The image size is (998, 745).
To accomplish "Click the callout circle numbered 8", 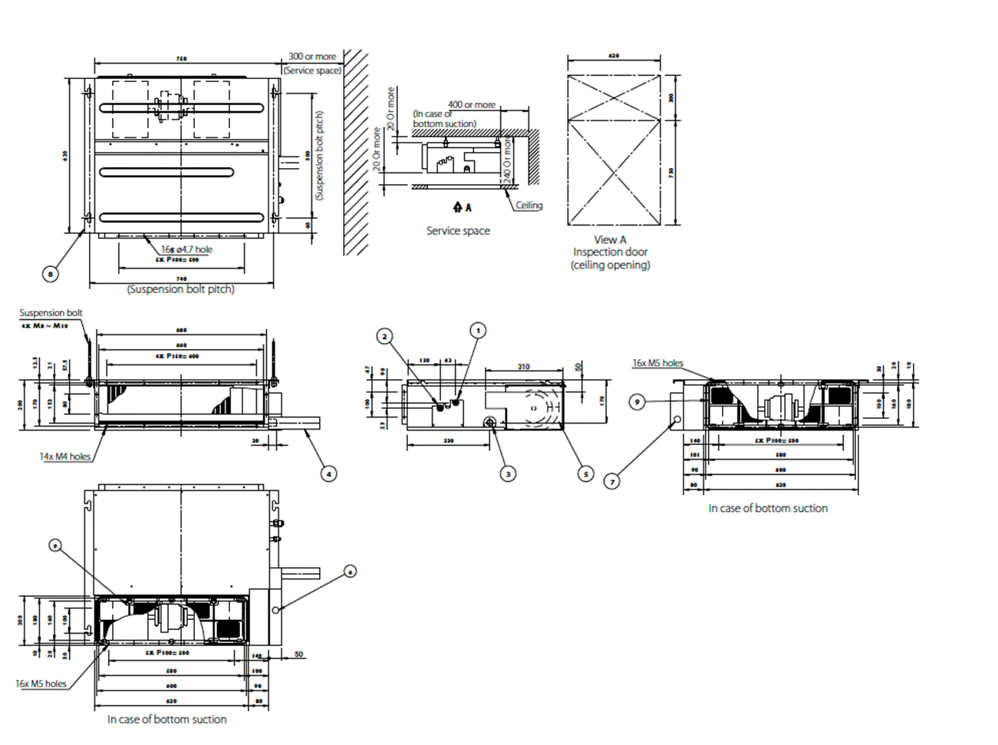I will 50,274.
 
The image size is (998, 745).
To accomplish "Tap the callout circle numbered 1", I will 478,331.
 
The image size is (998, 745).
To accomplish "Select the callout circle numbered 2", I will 385,336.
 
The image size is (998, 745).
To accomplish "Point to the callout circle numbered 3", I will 508,474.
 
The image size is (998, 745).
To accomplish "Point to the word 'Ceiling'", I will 529,206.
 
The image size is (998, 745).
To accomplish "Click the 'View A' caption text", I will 610,239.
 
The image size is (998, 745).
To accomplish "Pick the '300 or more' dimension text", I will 312,57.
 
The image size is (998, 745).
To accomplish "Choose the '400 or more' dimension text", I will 472,105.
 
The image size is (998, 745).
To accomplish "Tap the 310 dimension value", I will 523,367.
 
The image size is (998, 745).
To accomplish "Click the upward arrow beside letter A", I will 458,207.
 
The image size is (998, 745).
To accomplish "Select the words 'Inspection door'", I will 610,252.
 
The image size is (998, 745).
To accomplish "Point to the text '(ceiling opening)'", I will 610,265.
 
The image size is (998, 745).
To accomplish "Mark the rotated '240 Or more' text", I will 507,160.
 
